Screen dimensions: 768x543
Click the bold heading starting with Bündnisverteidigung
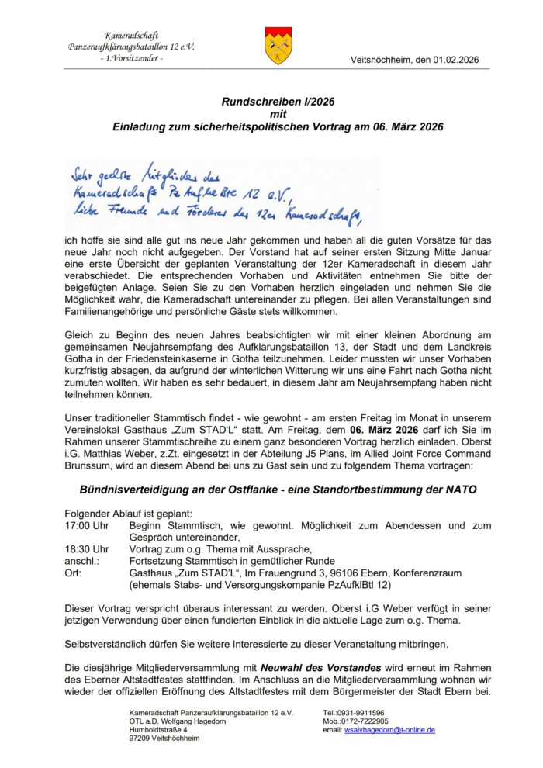click(x=277, y=490)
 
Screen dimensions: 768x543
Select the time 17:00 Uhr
click(x=87, y=525)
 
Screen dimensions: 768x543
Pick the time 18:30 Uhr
click(x=87, y=548)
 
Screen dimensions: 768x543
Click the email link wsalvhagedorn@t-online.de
click(x=389, y=730)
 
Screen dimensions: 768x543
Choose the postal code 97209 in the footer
click(x=141, y=739)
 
